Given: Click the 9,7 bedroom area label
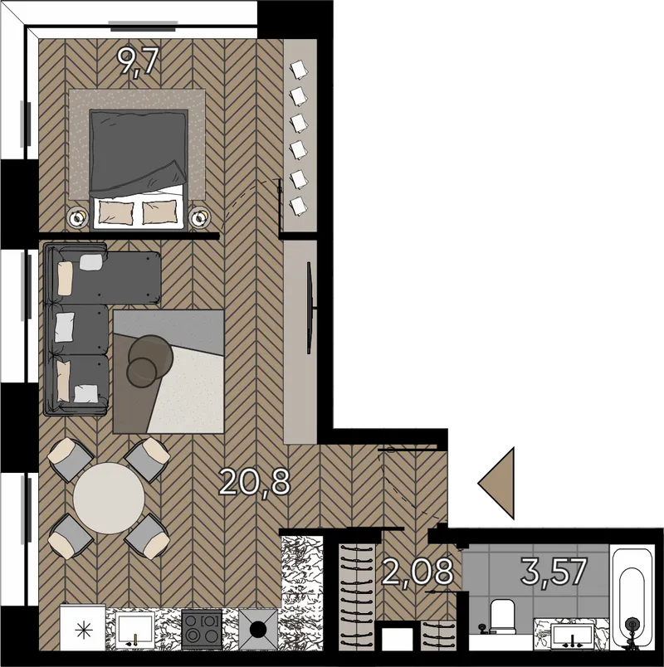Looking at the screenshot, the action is click(x=139, y=61).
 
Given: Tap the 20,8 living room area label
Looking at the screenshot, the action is click(x=255, y=481).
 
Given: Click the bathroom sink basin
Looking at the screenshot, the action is click(x=573, y=635).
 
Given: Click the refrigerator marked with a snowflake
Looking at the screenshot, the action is click(x=82, y=628).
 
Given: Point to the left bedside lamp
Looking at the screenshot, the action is click(x=77, y=218).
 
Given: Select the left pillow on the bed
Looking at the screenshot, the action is click(x=115, y=212).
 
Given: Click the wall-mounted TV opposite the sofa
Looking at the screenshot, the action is click(x=310, y=308).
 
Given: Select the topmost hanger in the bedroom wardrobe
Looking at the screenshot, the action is click(x=299, y=69).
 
